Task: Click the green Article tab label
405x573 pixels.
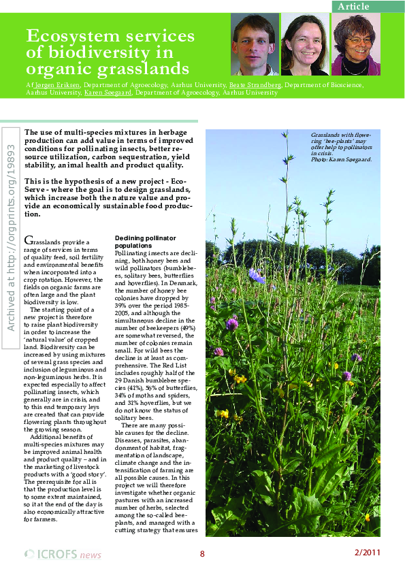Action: pos(353,6)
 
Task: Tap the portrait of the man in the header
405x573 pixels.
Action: pos(255,44)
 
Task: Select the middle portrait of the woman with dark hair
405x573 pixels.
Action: pos(304,44)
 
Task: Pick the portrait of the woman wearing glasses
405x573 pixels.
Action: pos(356,44)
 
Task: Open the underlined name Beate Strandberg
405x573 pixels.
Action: pos(256,85)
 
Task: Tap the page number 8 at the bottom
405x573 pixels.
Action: pos(202,553)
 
